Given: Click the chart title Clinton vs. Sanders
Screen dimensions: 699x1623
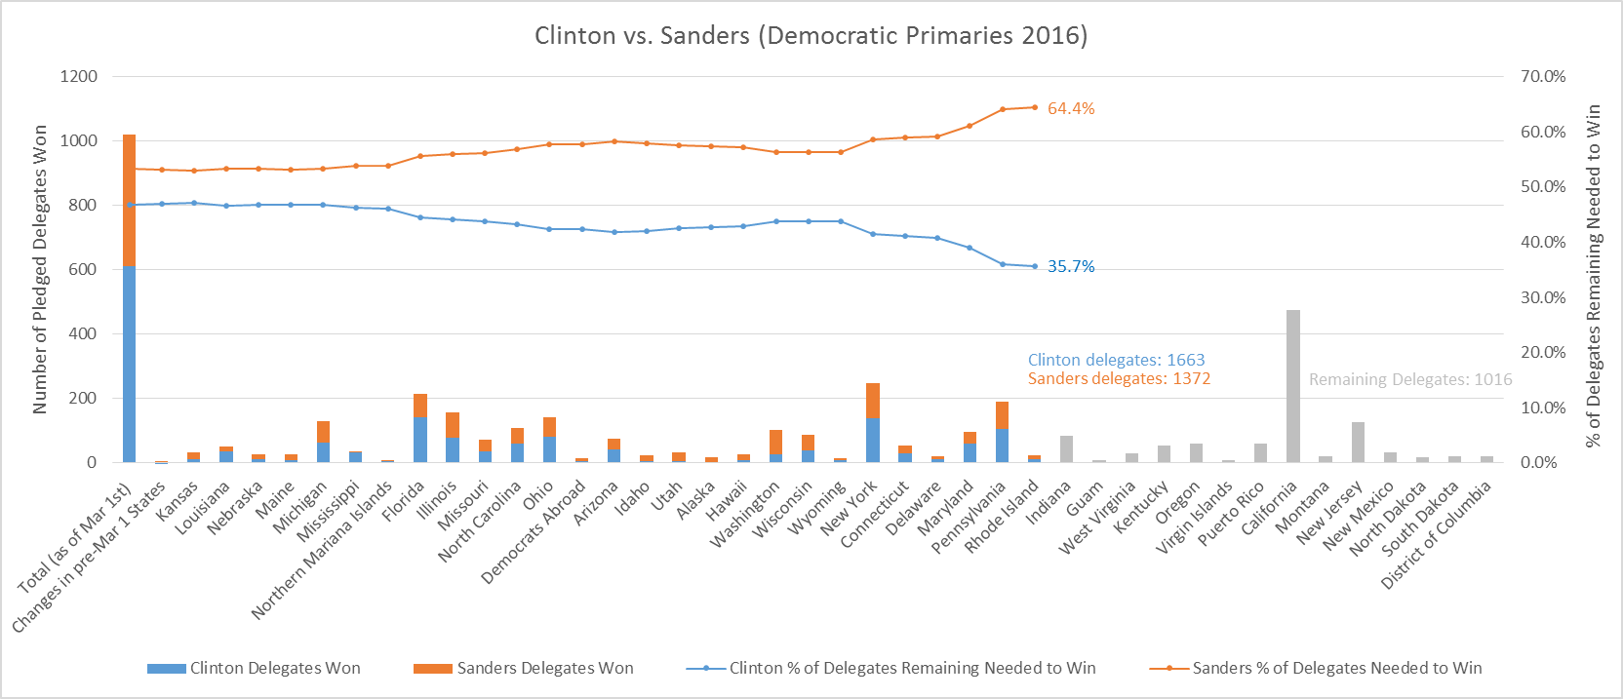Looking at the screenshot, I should pyautogui.click(x=811, y=36).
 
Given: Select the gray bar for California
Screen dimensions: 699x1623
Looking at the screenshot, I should pyautogui.click(x=1292, y=386).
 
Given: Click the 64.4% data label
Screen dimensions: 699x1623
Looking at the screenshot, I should pyautogui.click(x=1071, y=108).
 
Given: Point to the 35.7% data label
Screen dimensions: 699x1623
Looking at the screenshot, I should pyautogui.click(x=1071, y=266).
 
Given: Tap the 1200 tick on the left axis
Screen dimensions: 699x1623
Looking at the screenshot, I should pyautogui.click(x=79, y=76).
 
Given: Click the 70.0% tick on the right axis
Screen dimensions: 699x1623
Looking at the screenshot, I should pyautogui.click(x=1542, y=76).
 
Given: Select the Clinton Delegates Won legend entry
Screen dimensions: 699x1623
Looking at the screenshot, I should pyautogui.click(x=254, y=668).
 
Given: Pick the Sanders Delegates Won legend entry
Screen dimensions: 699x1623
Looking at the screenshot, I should pyautogui.click(x=524, y=668).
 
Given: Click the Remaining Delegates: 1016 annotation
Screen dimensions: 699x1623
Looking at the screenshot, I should pyautogui.click(x=1409, y=379).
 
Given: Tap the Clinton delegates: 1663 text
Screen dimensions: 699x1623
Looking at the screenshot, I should pyautogui.click(x=1116, y=360).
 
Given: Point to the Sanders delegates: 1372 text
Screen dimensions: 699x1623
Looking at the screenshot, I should pyautogui.click(x=1119, y=378).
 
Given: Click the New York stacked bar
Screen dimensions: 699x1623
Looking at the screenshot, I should pyautogui.click(x=873, y=422).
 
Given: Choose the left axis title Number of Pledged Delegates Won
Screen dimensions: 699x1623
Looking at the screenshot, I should pyautogui.click(x=40, y=269).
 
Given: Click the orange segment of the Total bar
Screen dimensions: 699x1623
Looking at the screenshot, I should pyautogui.click(x=129, y=200).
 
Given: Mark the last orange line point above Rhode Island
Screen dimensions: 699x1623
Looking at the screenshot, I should pyautogui.click(x=1035, y=107).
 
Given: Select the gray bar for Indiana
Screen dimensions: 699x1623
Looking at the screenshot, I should pyautogui.click(x=1066, y=449).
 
